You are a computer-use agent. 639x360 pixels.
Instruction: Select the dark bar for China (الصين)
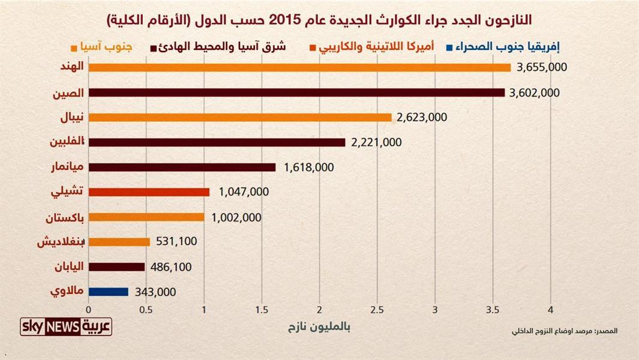[x=296, y=92]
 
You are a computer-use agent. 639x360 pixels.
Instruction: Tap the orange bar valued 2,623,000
[x=240, y=118]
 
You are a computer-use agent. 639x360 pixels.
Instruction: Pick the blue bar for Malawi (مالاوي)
[x=108, y=292]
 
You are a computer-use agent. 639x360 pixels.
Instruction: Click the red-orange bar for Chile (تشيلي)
[x=149, y=192]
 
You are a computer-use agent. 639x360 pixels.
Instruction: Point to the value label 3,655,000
[x=542, y=68]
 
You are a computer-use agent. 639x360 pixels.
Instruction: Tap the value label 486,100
[x=172, y=267]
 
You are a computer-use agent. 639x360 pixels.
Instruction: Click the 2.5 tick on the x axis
[x=377, y=310]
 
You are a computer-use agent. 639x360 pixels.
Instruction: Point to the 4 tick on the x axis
[x=550, y=310]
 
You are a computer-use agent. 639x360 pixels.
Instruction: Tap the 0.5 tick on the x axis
[x=146, y=310]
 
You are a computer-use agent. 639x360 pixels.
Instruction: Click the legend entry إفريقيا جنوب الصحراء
[x=491, y=46]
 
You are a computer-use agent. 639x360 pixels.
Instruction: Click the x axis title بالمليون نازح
[x=319, y=328]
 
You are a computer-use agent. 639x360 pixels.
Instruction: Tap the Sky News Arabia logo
[x=66, y=327]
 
